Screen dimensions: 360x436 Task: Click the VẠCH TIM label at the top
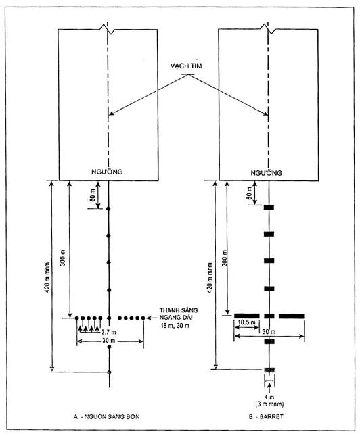(x=186, y=66)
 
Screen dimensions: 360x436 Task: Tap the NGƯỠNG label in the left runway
(x=107, y=172)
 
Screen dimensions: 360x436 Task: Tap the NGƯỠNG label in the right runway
(x=267, y=173)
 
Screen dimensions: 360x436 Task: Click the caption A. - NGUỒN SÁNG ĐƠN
(x=107, y=416)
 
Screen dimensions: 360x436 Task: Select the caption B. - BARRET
(x=266, y=416)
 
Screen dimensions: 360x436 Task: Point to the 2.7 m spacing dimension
(x=108, y=332)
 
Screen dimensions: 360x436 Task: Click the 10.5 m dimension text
(x=247, y=322)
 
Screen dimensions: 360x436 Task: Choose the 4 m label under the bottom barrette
(x=269, y=397)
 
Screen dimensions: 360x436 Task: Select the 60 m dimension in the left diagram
(x=93, y=195)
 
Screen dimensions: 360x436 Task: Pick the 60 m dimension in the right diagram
(x=250, y=193)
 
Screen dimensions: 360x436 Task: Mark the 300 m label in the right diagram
(x=225, y=258)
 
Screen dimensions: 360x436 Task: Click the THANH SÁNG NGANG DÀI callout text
(x=179, y=314)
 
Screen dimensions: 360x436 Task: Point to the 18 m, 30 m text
(x=175, y=326)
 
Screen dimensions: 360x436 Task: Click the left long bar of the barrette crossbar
(x=247, y=316)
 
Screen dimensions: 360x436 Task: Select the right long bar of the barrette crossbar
(x=292, y=316)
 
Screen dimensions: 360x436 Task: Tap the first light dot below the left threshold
(x=108, y=209)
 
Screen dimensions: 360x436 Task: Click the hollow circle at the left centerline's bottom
(x=109, y=372)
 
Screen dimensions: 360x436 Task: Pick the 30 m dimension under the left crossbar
(x=110, y=341)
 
